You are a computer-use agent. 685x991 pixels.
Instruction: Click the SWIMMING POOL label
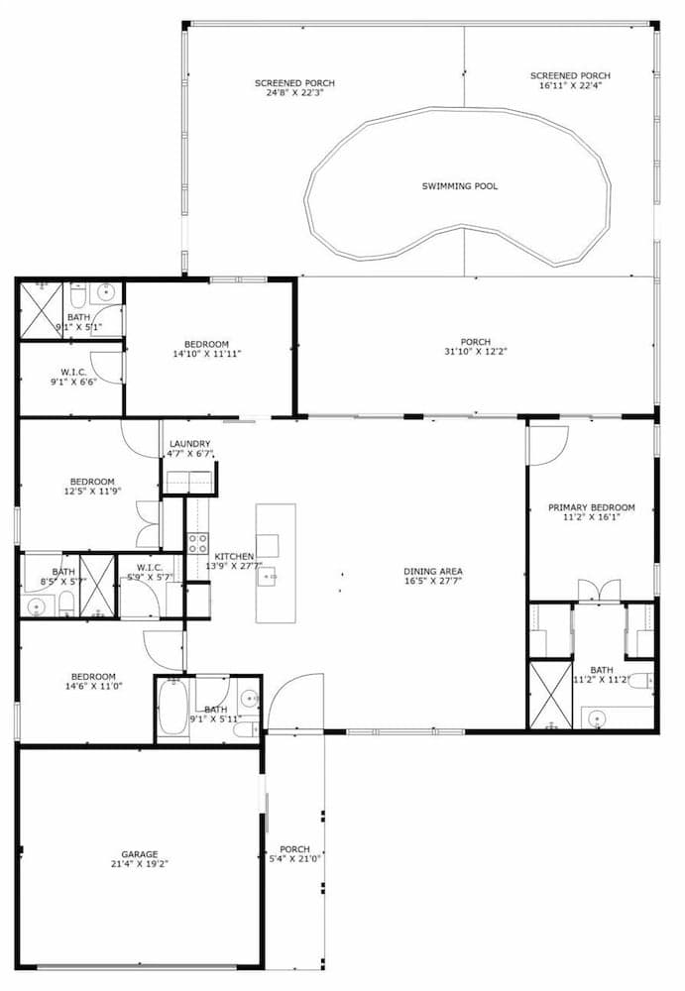[x=459, y=186]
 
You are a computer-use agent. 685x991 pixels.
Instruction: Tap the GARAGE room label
[x=140, y=854]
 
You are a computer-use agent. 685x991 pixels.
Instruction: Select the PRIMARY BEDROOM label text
[x=592, y=507]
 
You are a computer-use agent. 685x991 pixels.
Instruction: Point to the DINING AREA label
[x=433, y=572]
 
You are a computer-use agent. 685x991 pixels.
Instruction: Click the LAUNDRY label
[x=189, y=444]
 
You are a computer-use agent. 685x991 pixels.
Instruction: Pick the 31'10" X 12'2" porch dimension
[x=476, y=352]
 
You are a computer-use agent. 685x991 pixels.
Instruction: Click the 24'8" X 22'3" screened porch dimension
[x=294, y=92]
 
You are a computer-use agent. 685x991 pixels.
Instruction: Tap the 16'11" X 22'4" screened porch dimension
[x=570, y=84]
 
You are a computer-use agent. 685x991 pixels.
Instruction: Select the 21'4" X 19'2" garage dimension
[x=140, y=864]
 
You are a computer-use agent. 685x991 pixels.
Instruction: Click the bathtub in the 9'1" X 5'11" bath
[x=171, y=706]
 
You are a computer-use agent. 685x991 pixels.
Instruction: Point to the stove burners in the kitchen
[x=197, y=543]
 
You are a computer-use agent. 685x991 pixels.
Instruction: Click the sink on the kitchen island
[x=268, y=577]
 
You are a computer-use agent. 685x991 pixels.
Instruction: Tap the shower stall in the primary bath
[x=550, y=695]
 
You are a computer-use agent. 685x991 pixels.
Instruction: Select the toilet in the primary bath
[x=640, y=681]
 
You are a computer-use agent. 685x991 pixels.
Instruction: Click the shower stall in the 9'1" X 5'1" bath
[x=42, y=310]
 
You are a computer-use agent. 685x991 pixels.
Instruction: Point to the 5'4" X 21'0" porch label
[x=294, y=854]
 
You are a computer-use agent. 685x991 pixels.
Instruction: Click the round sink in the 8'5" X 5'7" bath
[x=37, y=606]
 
